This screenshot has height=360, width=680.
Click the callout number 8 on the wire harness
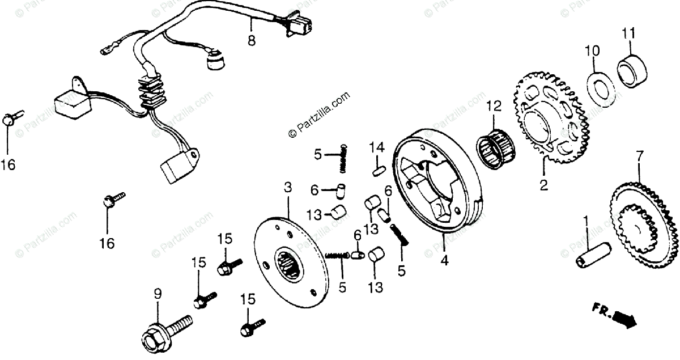point(252,41)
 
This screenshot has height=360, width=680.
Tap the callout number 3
point(288,187)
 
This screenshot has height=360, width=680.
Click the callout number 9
point(158,294)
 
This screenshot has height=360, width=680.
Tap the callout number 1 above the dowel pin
point(586,219)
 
